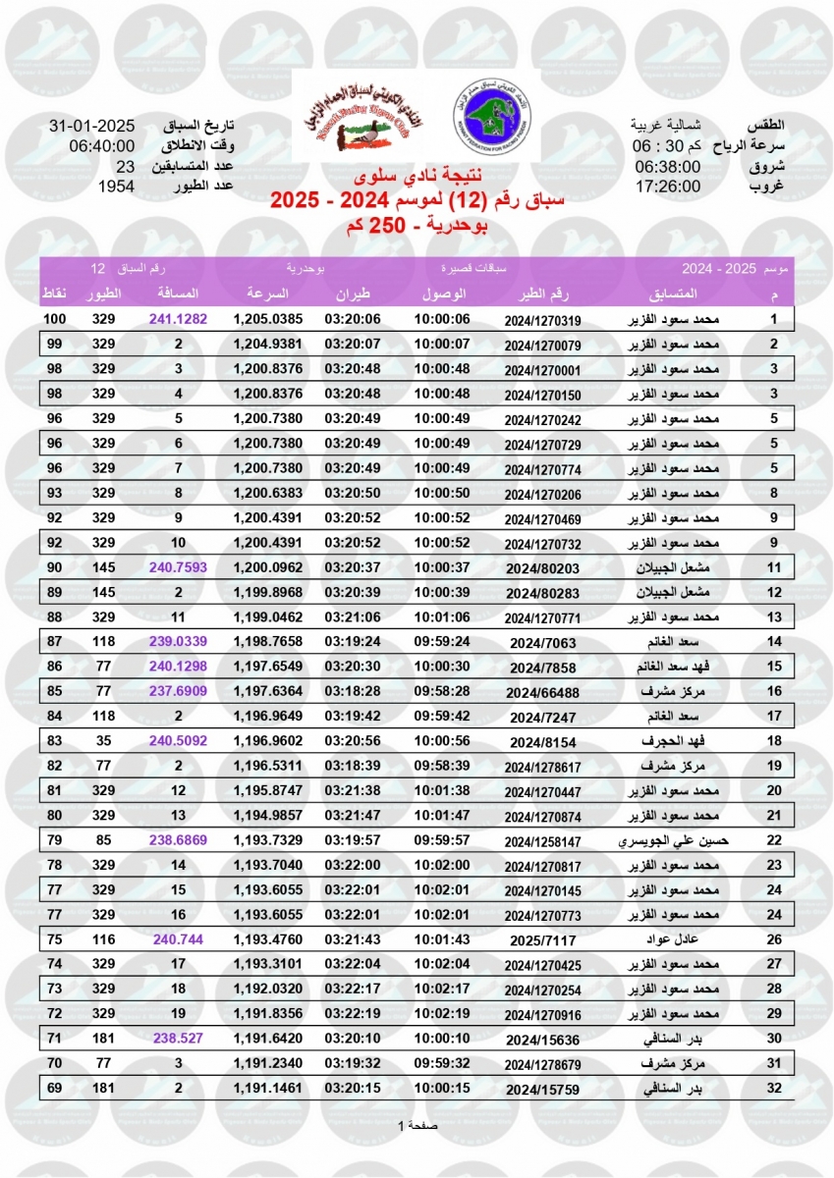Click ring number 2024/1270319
point(542,320)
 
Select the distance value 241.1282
point(178,320)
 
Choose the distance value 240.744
point(178,939)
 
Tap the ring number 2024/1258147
point(542,840)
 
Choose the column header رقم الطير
point(542,294)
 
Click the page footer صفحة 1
point(417,1125)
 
